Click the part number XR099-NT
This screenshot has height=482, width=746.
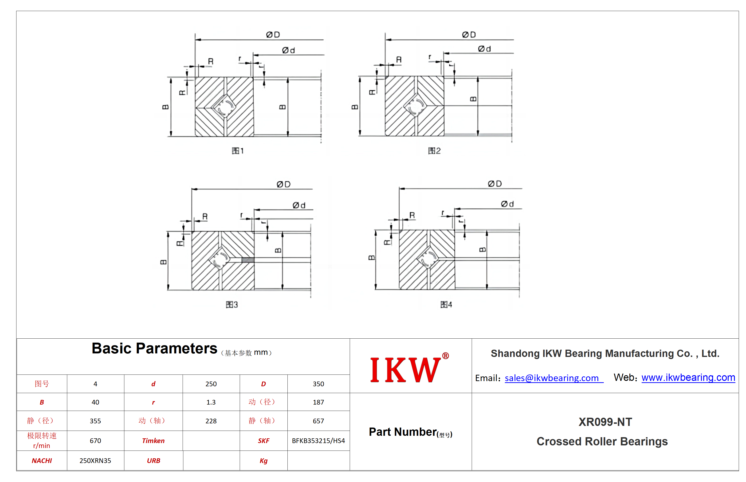coord(605,422)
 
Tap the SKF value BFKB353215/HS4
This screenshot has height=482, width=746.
coord(318,441)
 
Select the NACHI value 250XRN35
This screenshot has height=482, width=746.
coord(95,461)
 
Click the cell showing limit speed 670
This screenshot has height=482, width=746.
coord(95,441)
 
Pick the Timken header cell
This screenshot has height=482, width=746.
coord(153,441)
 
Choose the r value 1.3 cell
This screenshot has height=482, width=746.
coord(211,402)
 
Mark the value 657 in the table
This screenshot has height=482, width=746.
coord(318,421)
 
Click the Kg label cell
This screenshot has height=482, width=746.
coord(264,461)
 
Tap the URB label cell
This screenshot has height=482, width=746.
coord(153,461)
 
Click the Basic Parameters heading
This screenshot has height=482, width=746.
coord(154,348)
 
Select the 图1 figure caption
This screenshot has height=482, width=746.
coord(238,151)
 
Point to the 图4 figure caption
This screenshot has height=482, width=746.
coord(446,305)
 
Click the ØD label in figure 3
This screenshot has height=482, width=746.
coord(283,184)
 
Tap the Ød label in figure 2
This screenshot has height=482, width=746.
coord(484,49)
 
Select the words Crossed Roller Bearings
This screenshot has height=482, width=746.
coord(602,441)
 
